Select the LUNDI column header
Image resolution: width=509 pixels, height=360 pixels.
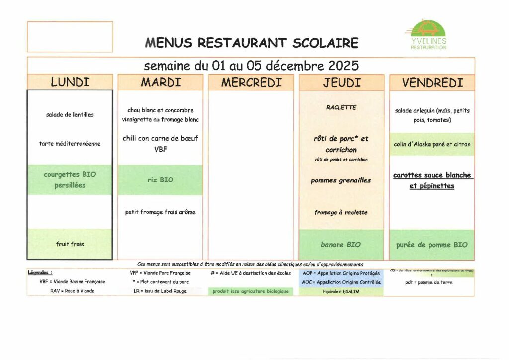point(70,82)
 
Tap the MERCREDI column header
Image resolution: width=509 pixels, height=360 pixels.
point(251,82)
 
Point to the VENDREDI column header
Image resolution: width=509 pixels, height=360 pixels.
point(432,82)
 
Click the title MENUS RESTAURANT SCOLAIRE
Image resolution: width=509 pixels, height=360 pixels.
point(252,43)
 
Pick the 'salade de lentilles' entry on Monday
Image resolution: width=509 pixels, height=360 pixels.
point(70,114)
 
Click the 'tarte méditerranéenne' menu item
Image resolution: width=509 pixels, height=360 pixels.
point(70,144)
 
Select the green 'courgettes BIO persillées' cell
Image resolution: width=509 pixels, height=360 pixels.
point(70,180)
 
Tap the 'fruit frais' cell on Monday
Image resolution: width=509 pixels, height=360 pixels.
point(70,244)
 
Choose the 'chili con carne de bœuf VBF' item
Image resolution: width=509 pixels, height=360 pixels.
point(160,144)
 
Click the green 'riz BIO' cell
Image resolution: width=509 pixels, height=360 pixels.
point(160,180)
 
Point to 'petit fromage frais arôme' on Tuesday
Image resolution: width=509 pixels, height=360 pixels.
point(160,212)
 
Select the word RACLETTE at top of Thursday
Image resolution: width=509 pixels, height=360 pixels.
point(341,107)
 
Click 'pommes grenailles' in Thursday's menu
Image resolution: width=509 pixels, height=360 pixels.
point(341,180)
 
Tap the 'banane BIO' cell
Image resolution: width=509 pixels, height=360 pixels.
point(341,245)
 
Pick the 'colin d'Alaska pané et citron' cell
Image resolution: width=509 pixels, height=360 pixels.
point(432,144)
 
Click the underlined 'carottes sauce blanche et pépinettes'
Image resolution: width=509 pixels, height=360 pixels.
point(432,180)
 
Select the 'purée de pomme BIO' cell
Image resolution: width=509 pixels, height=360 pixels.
point(432,245)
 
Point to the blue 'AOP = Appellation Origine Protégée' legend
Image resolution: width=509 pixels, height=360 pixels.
point(341,273)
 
